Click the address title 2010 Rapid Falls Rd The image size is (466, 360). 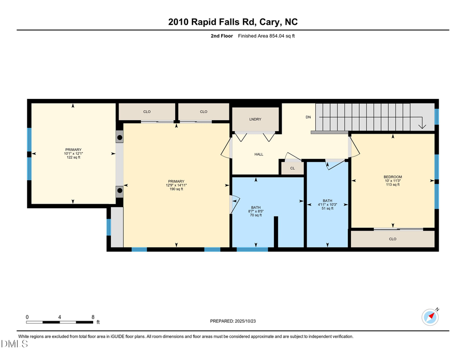pyautogui.click(x=233, y=22)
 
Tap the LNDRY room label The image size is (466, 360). pyautogui.click(x=255, y=120)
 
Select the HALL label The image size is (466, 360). pyautogui.click(x=259, y=154)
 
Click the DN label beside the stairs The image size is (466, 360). pyautogui.click(x=308, y=117)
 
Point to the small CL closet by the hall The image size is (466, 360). pyautogui.click(x=293, y=168)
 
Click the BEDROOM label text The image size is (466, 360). pyautogui.click(x=392, y=177)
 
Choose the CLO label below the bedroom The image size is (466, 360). pyautogui.click(x=392, y=239)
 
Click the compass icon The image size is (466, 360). pyautogui.click(x=430, y=316)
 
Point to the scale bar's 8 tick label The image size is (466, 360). pyautogui.click(x=93, y=317)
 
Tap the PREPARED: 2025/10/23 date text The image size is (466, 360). pyautogui.click(x=233, y=321)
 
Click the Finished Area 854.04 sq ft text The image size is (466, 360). pyautogui.click(x=266, y=36)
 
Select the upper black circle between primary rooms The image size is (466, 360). pyautogui.click(x=120, y=138)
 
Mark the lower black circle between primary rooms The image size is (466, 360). pyautogui.click(x=120, y=190)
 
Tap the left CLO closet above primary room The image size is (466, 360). pyautogui.click(x=147, y=112)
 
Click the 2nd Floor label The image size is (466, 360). pyautogui.click(x=222, y=36)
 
